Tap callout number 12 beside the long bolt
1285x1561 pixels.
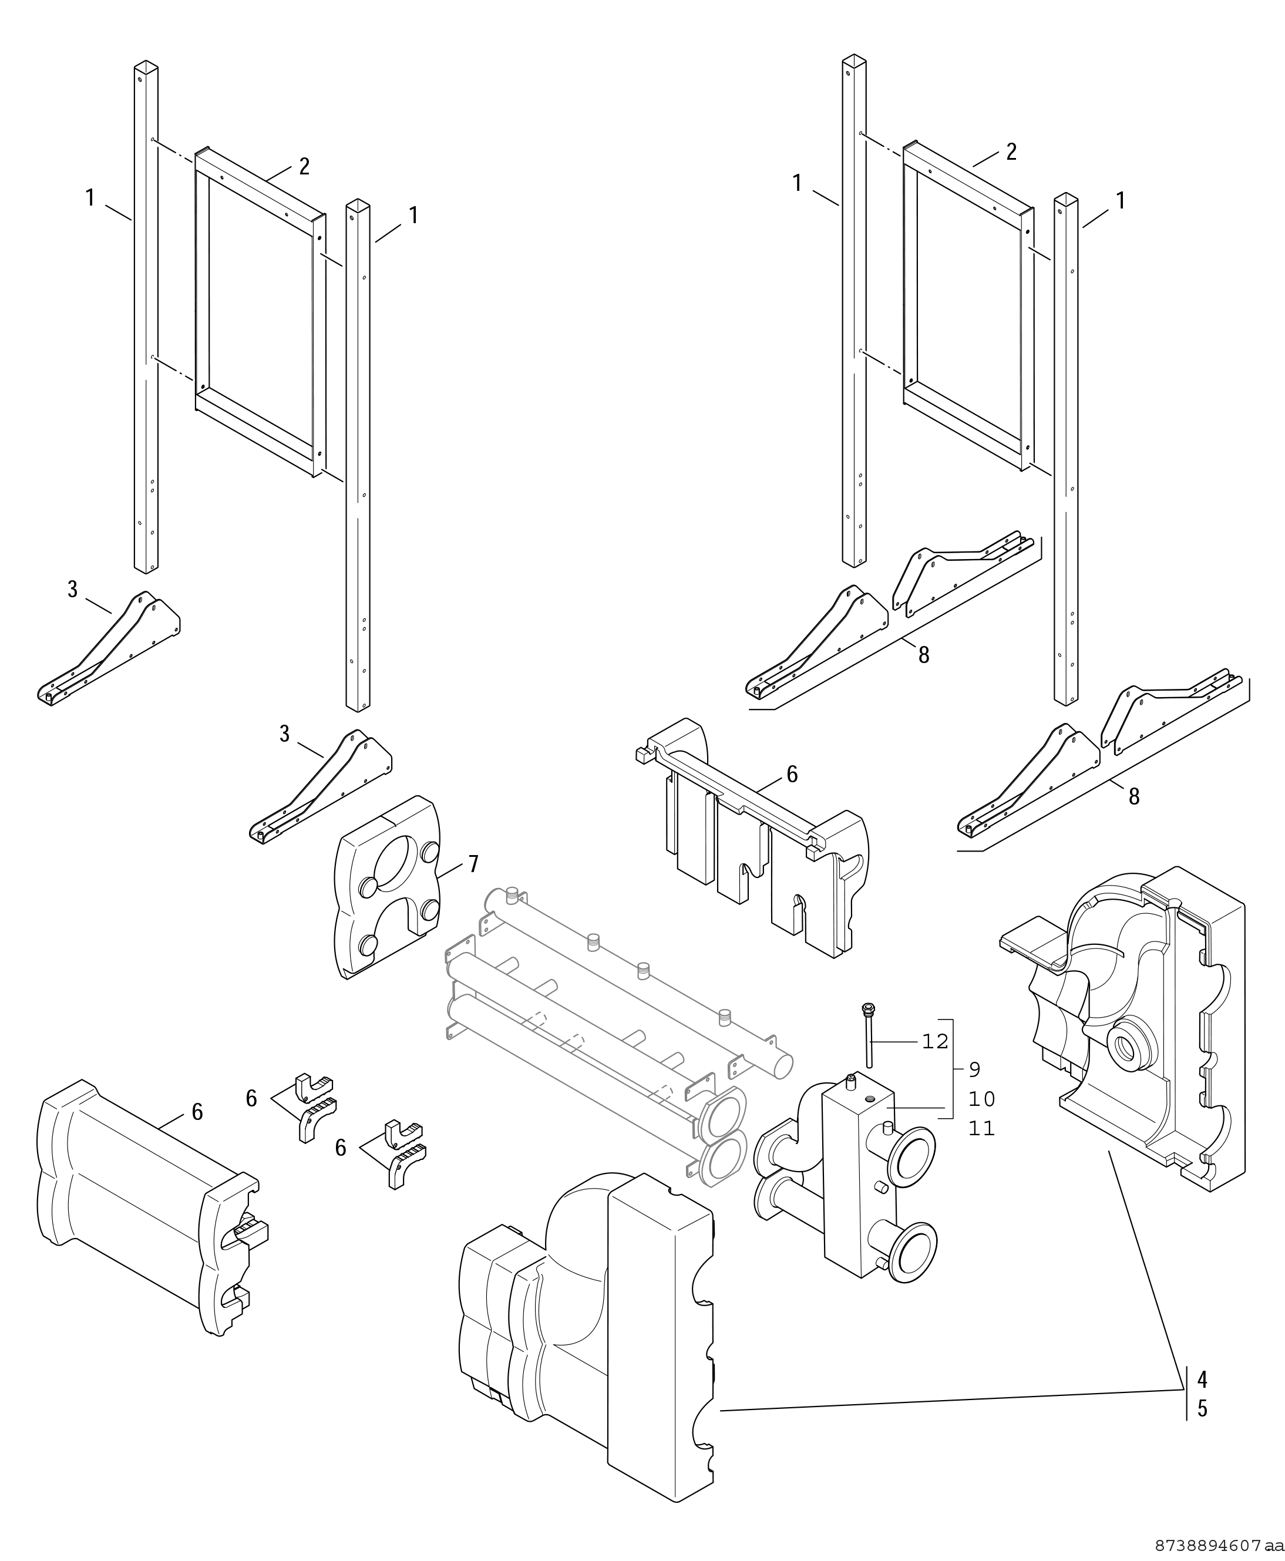935,1041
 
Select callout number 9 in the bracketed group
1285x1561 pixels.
975,1069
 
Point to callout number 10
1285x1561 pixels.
981,1099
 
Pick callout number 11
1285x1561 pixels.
981,1129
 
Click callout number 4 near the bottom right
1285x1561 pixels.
1202,1380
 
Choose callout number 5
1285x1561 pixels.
1202,1408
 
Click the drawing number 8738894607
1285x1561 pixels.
1208,1546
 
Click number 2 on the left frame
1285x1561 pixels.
304,167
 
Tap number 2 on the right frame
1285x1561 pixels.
1011,152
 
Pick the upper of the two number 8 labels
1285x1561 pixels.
924,655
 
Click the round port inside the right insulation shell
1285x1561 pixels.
1129,1047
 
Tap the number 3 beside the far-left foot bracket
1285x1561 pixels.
73,590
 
